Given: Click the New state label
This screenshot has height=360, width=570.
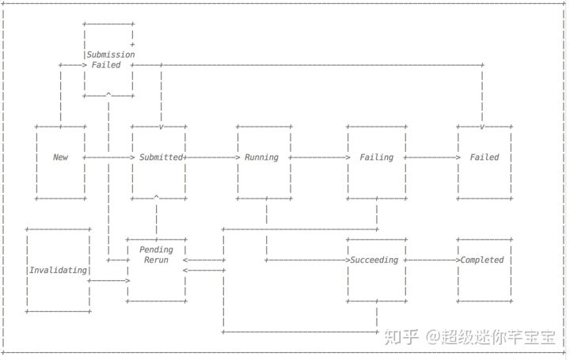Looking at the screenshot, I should point(60,157).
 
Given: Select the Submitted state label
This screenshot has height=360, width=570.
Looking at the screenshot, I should point(161,157).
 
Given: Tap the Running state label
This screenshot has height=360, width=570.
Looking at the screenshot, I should point(261,157).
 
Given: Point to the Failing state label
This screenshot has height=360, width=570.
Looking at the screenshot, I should point(376,157).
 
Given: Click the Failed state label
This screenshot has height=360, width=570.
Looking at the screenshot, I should point(484,157).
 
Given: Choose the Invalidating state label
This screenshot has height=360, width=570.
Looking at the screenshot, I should point(58,270).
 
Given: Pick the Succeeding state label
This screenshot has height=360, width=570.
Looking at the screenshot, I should point(374,260).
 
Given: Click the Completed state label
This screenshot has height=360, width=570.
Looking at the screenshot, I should point(482,260).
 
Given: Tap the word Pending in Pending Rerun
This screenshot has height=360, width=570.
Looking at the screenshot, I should point(156,250).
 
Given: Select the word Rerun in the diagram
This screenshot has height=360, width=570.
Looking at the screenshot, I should point(156,260).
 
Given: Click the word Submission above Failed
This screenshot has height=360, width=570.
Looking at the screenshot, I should point(111,55).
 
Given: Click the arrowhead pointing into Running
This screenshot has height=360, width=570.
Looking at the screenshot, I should point(236,157).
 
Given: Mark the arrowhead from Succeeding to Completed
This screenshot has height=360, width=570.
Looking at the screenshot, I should point(457,260).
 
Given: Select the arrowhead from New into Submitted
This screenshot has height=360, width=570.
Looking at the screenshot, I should point(132,157).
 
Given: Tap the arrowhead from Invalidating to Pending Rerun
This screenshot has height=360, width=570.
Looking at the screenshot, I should point(127,280).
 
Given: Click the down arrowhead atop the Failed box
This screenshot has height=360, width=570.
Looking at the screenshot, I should point(482,127).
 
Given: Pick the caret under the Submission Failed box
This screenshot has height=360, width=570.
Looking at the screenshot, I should point(108,95).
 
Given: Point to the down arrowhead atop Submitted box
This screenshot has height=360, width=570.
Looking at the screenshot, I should point(161,127).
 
